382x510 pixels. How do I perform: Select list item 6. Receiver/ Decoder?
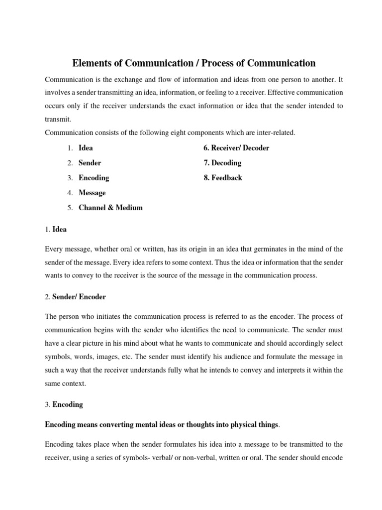click(x=236, y=148)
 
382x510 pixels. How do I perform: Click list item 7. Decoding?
click(x=222, y=163)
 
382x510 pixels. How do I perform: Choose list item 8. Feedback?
click(x=223, y=178)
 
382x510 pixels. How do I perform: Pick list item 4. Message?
click(x=92, y=193)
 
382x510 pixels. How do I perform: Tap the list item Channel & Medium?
click(x=110, y=208)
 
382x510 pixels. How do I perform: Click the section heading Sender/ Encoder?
click(x=79, y=297)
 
